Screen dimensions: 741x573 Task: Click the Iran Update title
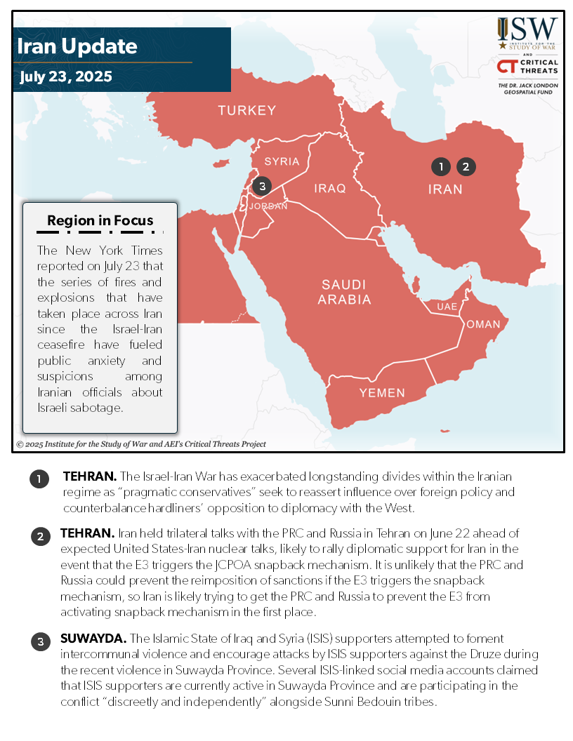77,47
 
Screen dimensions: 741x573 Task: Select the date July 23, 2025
65,76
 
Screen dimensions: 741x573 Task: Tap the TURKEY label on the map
246,110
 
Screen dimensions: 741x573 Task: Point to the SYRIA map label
282,161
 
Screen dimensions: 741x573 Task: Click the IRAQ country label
330,188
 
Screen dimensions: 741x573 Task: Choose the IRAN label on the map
445,189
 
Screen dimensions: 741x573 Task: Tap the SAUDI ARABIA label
344,292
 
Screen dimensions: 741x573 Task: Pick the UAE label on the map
447,307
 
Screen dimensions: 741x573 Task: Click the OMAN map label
483,324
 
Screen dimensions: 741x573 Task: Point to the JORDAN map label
269,206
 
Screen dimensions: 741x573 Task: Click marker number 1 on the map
440,166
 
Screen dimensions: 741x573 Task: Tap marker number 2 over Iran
466,166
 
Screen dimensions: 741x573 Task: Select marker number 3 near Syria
261,186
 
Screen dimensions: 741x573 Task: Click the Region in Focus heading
100,220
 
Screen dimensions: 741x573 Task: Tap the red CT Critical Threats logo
507,66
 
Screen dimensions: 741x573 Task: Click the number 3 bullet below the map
40,640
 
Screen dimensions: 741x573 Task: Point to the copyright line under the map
141,444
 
